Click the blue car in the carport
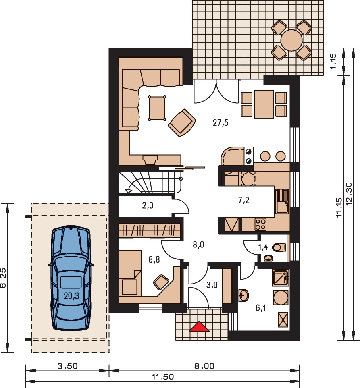pos(71,278)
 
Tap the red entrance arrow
pos(199,327)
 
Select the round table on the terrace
pos(291,40)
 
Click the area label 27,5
pos(221,123)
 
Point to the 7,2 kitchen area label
pos(243,200)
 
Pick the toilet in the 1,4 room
pos(279,247)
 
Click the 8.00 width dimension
pos(204,366)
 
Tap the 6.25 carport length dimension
pos(3,278)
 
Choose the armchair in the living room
pos(182,122)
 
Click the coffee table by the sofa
pos(157,108)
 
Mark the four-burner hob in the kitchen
pos(260,224)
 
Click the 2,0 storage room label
pos(148,205)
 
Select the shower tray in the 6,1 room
pos(281,278)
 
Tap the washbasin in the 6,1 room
pos(244,295)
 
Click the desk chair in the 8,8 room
pos(160,282)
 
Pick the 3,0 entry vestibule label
pos(212,285)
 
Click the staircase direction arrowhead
pos(129,191)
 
